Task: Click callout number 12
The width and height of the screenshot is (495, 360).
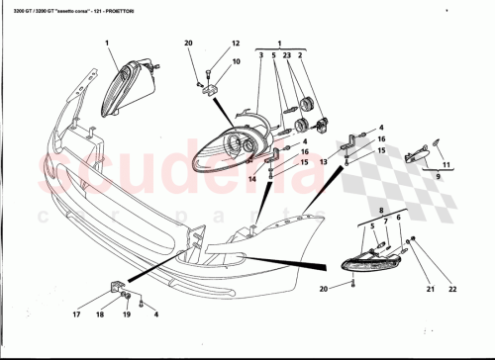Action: (236, 44)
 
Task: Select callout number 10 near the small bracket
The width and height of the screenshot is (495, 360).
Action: (236, 61)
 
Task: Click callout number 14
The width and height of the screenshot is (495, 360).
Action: (252, 179)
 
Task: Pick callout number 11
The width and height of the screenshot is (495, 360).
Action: (445, 164)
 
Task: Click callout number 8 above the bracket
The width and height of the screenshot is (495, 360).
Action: (380, 211)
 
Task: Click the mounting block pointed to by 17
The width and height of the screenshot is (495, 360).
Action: (116, 288)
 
